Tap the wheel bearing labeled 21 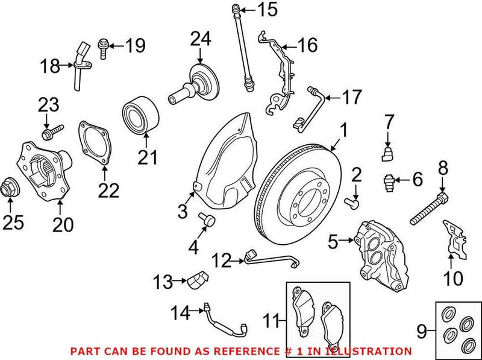141,116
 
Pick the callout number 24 202,40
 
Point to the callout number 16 306,45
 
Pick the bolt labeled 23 51,130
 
